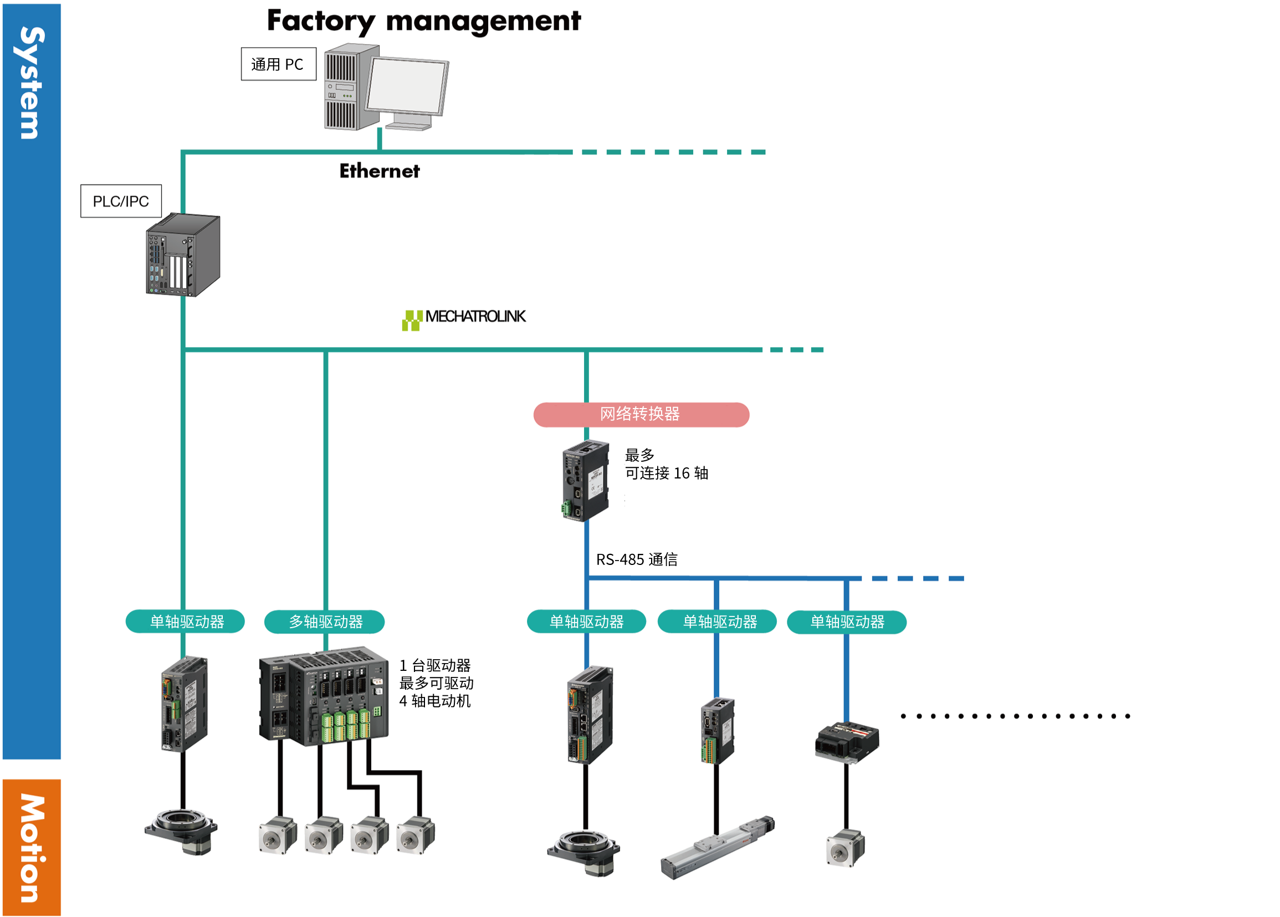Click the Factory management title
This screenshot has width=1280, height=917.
pos(423,22)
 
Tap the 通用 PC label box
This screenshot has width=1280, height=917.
pos(278,64)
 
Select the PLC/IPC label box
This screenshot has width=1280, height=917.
pos(121,201)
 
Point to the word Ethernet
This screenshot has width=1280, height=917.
pos(379,171)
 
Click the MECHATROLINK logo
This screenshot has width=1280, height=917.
pos(464,318)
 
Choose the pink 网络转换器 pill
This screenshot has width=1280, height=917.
pos(641,415)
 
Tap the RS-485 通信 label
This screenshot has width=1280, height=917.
pos(637,559)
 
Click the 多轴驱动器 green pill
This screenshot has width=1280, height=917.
pos(325,621)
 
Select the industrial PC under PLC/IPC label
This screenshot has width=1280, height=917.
pos(182,255)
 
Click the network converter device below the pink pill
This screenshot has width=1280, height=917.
pos(586,481)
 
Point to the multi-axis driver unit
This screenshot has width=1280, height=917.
pos(324,696)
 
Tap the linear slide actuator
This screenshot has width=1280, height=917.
pos(718,847)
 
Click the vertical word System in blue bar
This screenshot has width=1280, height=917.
pos(31,83)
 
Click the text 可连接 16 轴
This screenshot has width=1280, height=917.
pos(666,473)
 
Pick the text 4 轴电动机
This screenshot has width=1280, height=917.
pos(434,701)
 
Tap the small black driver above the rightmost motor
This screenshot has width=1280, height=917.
pos(847,741)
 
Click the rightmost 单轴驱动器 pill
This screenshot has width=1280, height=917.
pos(847,621)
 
